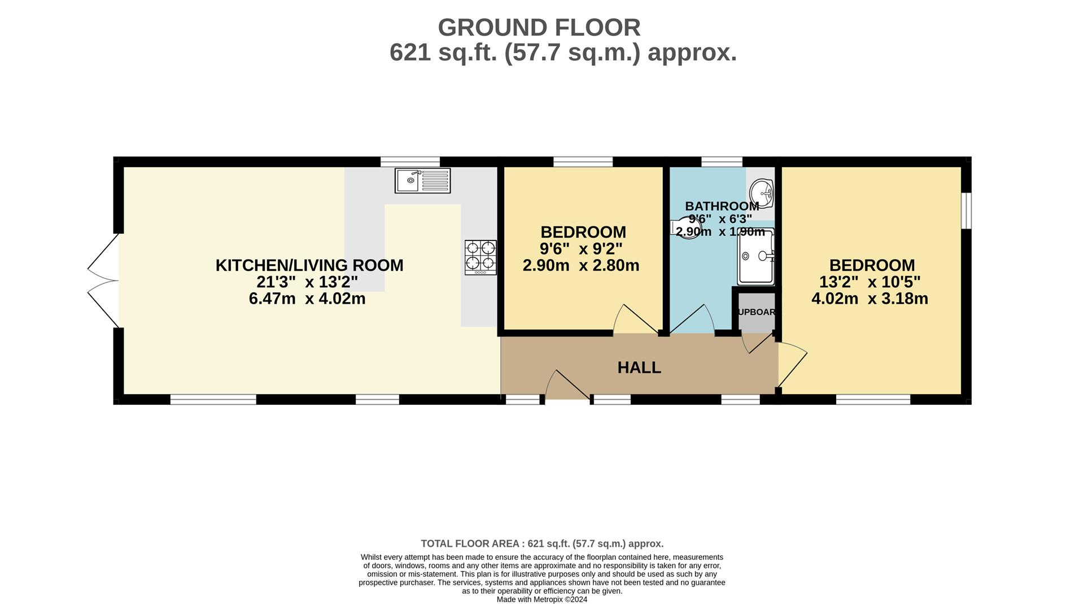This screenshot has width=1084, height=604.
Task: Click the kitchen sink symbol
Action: [422, 181]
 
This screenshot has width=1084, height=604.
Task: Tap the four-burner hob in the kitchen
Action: [480, 257]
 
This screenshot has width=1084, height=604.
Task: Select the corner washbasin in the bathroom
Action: [763, 194]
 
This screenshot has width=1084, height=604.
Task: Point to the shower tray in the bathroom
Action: [755, 257]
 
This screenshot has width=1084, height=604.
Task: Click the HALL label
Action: [639, 367]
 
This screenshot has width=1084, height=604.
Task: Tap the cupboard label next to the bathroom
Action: [757, 312]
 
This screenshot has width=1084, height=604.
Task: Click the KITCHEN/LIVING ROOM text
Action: [309, 265]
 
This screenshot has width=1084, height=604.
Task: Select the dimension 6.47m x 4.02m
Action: [307, 299]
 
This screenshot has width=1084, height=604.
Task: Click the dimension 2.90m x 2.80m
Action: [581, 265]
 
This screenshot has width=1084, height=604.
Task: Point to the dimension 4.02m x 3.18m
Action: [869, 299]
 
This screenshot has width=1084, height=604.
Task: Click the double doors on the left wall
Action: [103, 280]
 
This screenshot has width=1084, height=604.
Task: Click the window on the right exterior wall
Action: [966, 211]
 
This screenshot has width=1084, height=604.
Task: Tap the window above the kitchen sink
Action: [410, 162]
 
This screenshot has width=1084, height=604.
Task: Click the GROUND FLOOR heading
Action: [539, 28]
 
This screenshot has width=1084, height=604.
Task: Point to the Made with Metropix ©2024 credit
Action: [541, 599]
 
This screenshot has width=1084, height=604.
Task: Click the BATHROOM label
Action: [722, 206]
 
